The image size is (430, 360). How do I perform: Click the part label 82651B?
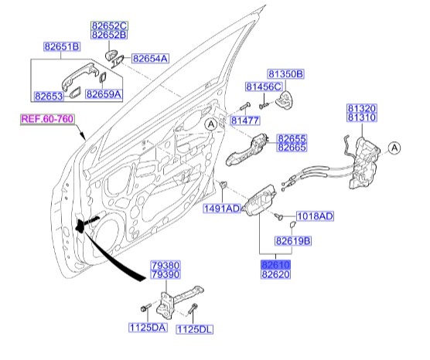61,46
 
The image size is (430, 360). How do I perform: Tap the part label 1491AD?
222,209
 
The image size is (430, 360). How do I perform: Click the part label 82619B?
293,242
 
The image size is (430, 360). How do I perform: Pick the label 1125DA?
148,328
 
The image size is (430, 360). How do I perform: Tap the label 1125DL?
195,328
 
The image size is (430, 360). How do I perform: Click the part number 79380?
166,264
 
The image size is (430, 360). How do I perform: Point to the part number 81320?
363,107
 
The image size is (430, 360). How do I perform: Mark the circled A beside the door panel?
211,124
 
